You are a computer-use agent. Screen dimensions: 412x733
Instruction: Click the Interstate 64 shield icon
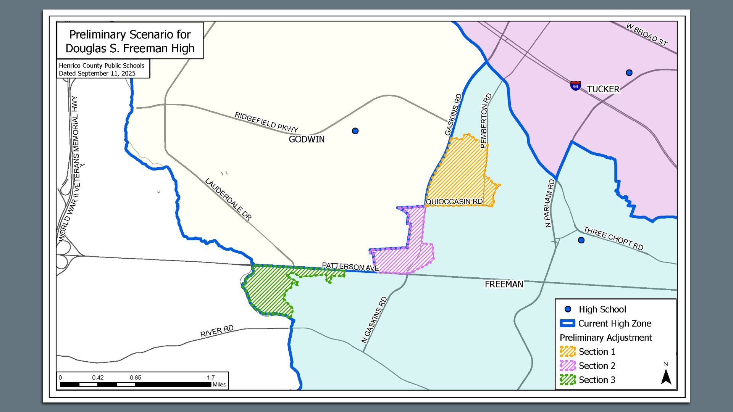point(575,85)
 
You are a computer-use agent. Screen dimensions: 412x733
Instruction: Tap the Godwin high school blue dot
point(355,131)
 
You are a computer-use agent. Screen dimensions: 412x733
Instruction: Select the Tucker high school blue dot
point(629,72)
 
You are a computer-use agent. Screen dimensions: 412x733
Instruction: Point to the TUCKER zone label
point(603,89)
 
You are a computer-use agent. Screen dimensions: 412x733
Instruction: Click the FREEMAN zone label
point(504,284)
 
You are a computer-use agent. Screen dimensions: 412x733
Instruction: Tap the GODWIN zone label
point(307,139)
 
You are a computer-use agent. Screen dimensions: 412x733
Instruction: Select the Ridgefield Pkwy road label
point(266,122)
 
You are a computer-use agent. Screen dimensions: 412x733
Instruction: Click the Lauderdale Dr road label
point(228,200)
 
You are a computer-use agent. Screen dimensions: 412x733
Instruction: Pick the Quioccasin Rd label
point(454,201)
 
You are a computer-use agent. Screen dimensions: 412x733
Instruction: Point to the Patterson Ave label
point(350,267)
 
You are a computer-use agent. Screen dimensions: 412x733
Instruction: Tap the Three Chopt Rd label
point(613,238)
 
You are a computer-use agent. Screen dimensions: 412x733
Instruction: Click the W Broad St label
point(647,35)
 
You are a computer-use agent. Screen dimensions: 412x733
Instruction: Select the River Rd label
point(217,332)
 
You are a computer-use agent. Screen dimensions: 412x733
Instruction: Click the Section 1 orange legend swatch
point(567,351)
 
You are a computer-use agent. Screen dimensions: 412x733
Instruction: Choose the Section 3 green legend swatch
point(567,380)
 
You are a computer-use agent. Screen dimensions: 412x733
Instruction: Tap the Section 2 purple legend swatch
point(567,365)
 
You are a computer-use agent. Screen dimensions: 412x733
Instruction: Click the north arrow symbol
point(666,376)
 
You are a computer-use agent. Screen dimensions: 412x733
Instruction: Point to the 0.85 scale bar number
point(135,378)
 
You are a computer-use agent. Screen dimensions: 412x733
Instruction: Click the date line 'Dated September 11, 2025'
point(97,73)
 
